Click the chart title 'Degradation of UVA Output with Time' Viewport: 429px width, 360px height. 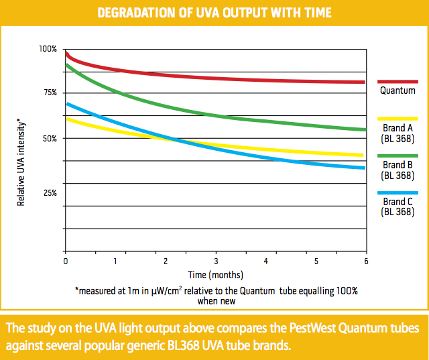click(x=214, y=13)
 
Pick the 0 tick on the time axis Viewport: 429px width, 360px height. click(x=65, y=260)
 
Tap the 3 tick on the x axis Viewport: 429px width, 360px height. click(x=216, y=260)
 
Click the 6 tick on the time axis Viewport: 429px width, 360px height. click(x=366, y=260)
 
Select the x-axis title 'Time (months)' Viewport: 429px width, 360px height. click(x=216, y=274)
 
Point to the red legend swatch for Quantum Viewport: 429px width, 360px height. click(x=397, y=80)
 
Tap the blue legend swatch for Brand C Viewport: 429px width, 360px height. click(x=397, y=192)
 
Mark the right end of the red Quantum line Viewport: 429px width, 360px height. click(x=364, y=82)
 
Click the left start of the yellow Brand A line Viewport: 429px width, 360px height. click(x=66, y=119)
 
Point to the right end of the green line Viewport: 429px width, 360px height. click(x=365, y=129)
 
